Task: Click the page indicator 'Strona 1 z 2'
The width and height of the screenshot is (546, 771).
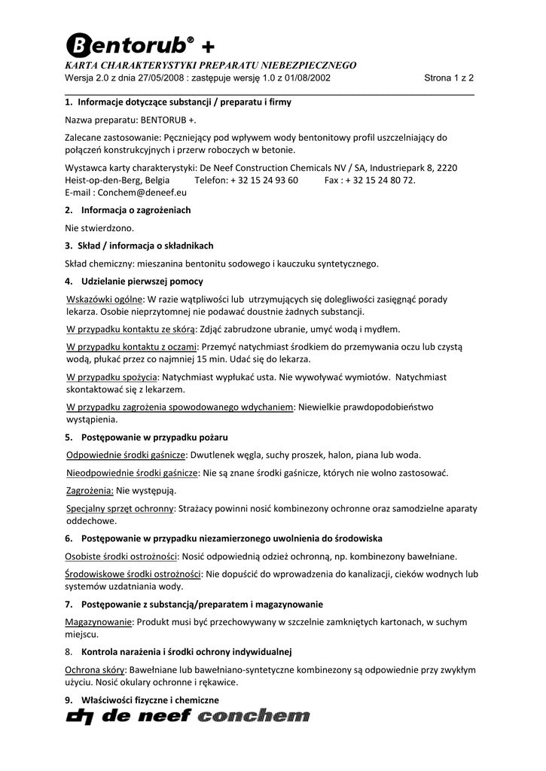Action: click(449, 78)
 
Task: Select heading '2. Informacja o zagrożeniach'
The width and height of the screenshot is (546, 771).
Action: click(127, 210)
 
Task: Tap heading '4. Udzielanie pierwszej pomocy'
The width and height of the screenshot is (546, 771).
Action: click(133, 282)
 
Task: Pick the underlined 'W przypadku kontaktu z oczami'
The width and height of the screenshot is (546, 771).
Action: click(131, 346)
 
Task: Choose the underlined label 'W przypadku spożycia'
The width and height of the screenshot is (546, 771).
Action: click(112, 376)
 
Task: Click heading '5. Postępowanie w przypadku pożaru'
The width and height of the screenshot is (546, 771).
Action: click(146, 437)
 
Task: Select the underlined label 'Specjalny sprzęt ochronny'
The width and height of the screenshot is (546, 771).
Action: click(120, 509)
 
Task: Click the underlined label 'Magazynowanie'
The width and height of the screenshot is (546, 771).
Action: click(99, 622)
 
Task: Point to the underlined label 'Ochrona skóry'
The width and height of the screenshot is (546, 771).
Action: click(95, 669)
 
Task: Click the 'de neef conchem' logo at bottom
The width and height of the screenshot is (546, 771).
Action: click(188, 719)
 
